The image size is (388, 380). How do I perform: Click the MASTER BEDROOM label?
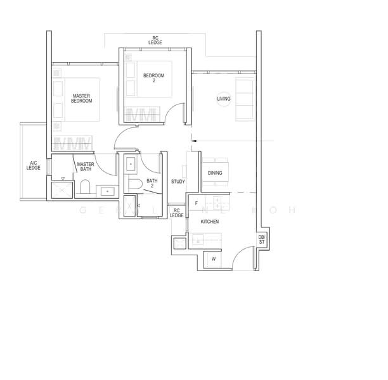tap(81, 98)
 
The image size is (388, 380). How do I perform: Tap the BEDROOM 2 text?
tap(153, 78)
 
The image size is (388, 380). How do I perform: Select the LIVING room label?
tap(224, 99)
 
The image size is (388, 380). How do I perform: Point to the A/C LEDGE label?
tap(34, 165)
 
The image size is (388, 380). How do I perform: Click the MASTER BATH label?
tap(86, 167)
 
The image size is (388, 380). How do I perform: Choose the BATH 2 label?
tap(152, 183)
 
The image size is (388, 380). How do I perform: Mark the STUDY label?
tap(178, 182)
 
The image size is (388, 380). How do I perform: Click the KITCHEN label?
tap(210, 222)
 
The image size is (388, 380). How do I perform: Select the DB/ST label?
tap(261, 239)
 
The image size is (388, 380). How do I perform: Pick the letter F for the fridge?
tap(197, 203)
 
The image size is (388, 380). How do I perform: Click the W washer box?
tap(213, 259)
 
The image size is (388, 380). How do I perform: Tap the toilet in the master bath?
tap(85, 187)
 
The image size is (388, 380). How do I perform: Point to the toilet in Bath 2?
tap(134, 184)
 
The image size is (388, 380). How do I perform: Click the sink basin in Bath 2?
tap(131, 164)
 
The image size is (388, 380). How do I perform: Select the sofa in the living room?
tap(244, 99)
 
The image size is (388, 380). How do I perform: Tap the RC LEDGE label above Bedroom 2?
tap(155, 40)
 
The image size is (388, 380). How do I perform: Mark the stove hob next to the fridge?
tap(217, 203)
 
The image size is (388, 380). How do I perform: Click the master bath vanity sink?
tap(106, 189)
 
